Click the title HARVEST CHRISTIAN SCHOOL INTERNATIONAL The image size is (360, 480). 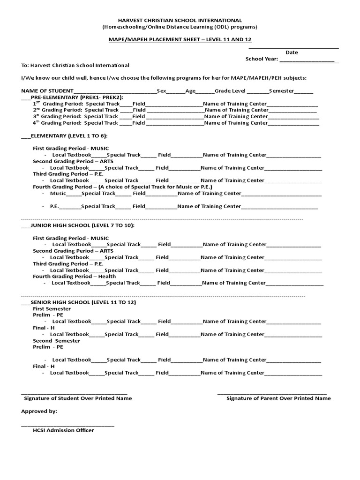[x=180, y=21]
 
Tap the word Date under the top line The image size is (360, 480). [x=292, y=52]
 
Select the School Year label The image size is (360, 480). [x=262, y=59]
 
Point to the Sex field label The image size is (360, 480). [x=161, y=90]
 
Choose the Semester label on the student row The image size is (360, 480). [x=281, y=90]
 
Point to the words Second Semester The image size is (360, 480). [x=56, y=341]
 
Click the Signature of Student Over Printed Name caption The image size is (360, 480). [x=78, y=398]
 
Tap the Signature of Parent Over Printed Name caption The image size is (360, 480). [x=278, y=398]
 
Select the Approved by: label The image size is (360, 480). [x=39, y=411]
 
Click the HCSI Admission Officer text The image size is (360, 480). [x=63, y=430]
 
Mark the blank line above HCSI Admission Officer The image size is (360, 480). [x=67, y=425]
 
